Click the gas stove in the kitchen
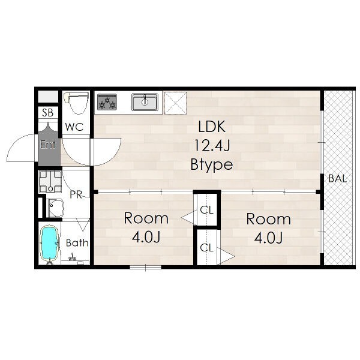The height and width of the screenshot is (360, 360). pos(107,102)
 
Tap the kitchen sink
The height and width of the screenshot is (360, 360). pos(145,102)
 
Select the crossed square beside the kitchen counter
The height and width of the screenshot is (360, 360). pos(176,103)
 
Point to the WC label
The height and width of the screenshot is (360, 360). pos(74,127)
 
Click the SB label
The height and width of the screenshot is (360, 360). pos(48,113)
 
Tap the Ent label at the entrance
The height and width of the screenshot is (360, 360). pos(48,145)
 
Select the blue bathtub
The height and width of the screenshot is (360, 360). pos(49,244)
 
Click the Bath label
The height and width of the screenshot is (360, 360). pos(77,243)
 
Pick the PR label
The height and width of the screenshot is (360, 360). pos(76,194)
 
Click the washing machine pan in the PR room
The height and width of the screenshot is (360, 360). pos(50,181)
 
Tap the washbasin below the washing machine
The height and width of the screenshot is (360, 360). pos(55,208)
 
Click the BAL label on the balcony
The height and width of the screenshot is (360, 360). pos(337,178)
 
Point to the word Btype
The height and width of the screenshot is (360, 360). pos(212,164)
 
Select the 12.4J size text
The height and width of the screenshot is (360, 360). pos(212,145)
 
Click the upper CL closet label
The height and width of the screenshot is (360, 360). pos(206,210)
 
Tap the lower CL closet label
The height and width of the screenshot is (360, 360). pos(206,248)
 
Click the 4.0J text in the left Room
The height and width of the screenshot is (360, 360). pos(146,237)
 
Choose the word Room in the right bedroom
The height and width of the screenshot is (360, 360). pos(269,219)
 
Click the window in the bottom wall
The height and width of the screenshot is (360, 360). pos(145,267)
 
